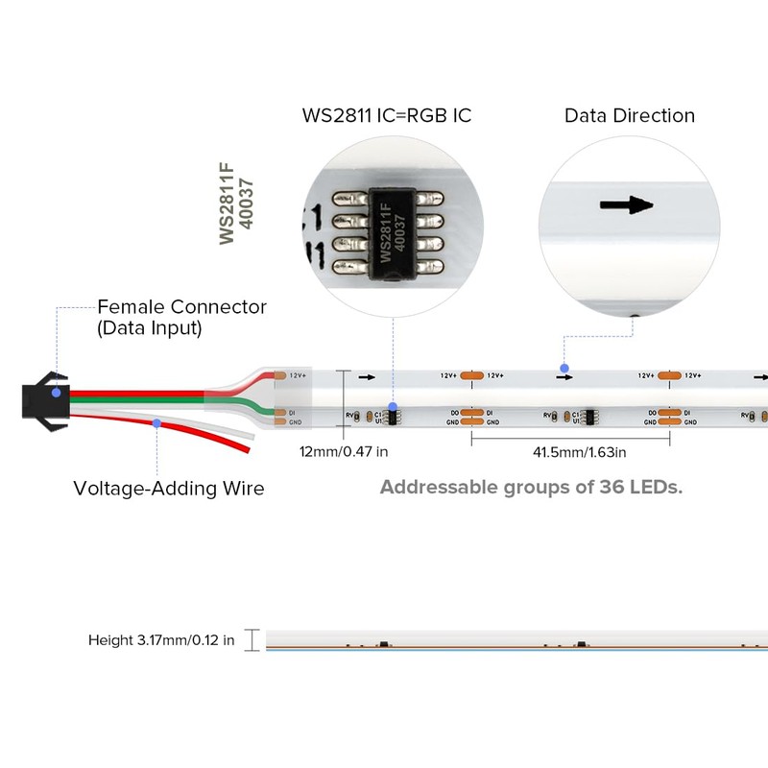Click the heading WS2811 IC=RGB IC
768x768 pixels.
(387, 116)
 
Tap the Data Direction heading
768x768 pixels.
(629, 116)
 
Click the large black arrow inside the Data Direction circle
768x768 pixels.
(626, 205)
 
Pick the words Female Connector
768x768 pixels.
(181, 307)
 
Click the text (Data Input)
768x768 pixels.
(149, 328)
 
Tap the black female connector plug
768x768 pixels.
(43, 393)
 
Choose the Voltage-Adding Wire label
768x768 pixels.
(169, 489)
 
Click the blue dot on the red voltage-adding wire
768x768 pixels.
(157, 421)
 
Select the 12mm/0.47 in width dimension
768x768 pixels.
(344, 450)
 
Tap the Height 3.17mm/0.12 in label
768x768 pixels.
(161, 640)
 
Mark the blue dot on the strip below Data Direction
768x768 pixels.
(564, 368)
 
